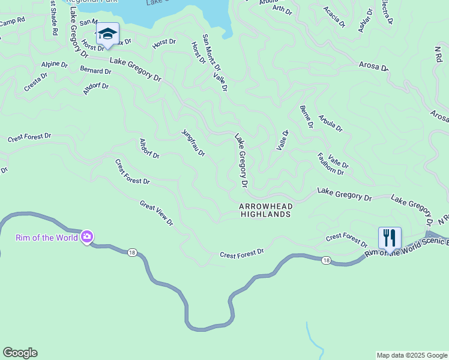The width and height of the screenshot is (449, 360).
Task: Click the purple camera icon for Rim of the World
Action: [x=87, y=237]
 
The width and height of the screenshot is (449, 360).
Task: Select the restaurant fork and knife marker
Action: [x=390, y=238]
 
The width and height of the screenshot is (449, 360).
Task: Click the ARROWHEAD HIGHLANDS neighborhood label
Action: [x=265, y=210]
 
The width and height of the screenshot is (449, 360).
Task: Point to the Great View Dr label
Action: [x=156, y=213]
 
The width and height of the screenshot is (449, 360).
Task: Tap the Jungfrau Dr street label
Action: [x=193, y=143]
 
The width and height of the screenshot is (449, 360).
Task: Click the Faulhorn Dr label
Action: [x=330, y=164]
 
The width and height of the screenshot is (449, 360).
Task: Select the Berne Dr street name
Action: [x=306, y=117]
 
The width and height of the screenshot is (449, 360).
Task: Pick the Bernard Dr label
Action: [x=95, y=71]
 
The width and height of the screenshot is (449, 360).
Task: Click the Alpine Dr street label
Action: [x=54, y=64]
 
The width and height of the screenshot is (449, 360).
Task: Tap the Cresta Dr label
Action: [x=35, y=82]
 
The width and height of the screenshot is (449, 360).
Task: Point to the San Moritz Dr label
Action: [x=211, y=52]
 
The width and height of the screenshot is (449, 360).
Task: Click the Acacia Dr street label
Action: [x=334, y=17]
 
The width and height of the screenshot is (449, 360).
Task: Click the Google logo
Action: [x=20, y=353]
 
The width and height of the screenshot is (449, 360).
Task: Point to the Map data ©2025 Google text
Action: [x=411, y=355]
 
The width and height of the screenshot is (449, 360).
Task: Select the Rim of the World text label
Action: [x=47, y=238]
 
